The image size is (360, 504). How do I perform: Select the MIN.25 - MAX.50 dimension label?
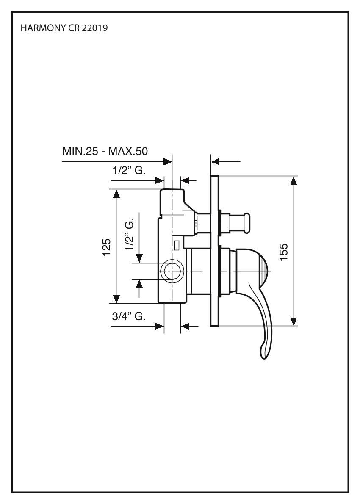105,151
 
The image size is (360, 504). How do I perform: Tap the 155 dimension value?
284,251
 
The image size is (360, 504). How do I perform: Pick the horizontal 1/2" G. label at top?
129,171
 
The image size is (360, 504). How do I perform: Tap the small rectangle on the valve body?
177,244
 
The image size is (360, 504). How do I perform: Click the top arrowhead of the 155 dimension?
293,180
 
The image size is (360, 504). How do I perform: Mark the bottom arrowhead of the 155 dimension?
293,321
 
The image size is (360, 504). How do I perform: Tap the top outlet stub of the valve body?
172,197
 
